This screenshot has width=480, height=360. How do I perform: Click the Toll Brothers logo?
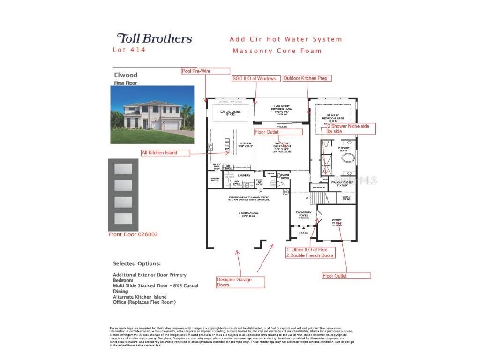tap(154, 38)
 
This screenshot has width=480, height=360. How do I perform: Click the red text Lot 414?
tap(129, 50)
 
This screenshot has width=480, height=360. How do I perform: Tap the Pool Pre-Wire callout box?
tap(206, 71)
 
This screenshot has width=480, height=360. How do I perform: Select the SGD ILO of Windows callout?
tap(255, 78)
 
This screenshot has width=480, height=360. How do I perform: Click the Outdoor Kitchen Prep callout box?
tap(305, 78)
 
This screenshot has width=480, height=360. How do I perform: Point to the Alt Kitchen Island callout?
tap(166, 152)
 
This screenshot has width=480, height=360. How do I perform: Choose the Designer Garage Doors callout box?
tap(240, 282)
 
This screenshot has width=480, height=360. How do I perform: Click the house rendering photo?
tap(152, 114)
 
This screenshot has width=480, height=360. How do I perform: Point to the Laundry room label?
tap(244, 176)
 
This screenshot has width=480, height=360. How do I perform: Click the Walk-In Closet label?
tap(341, 183)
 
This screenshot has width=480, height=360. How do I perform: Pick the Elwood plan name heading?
tap(126, 75)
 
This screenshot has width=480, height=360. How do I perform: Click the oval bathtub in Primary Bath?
tap(348, 157)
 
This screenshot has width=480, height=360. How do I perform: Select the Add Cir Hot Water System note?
tap(286, 39)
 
